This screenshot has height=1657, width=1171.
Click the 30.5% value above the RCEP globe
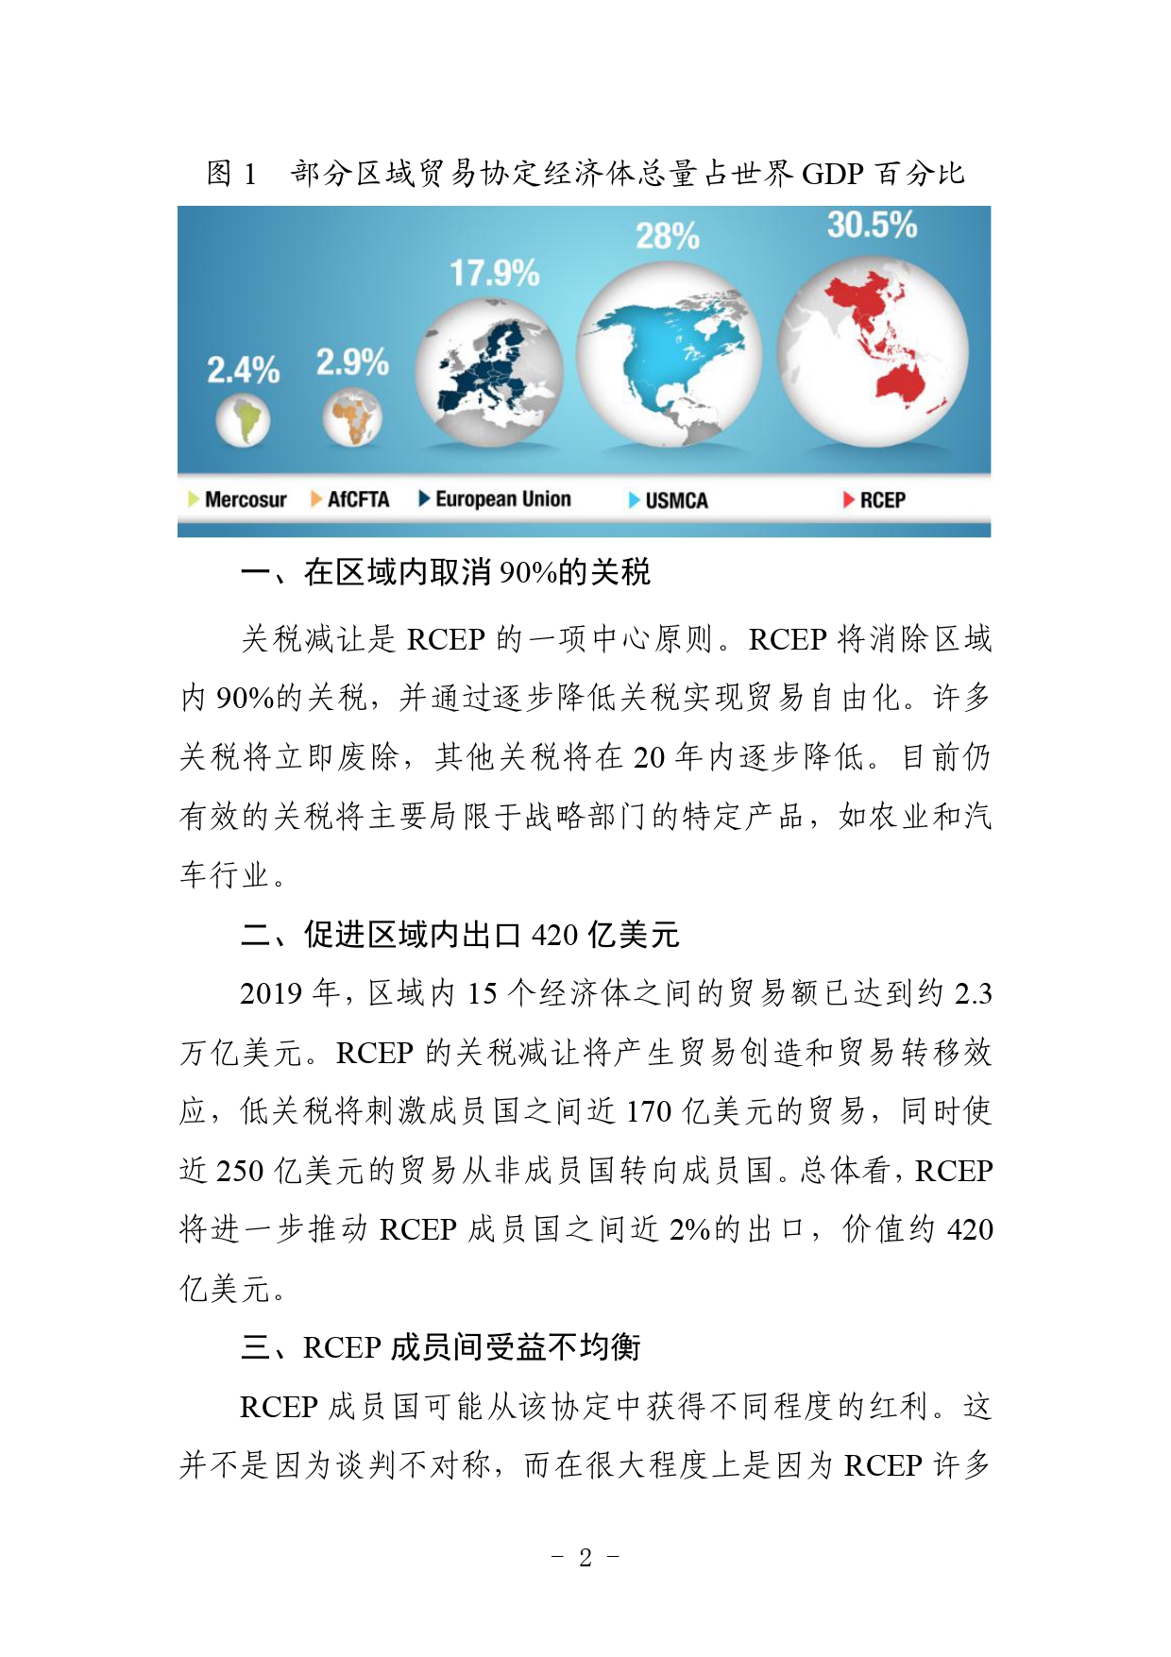coord(872,225)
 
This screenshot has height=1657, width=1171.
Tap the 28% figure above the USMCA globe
coord(667,236)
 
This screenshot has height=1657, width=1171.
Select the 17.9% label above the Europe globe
coord(494,274)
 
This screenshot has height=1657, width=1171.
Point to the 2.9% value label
coord(352,362)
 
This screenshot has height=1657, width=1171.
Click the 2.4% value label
coord(243,370)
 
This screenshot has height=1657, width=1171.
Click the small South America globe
coord(243,421)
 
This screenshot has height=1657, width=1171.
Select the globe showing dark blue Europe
coord(489,372)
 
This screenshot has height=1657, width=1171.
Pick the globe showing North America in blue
coord(669,354)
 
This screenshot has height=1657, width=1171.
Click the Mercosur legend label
coord(246,499)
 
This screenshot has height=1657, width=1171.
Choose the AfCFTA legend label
coord(358,499)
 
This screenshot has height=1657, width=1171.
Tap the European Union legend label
coord(502,499)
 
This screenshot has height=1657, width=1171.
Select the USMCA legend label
coord(676,500)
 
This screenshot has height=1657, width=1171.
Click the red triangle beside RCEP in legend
coord(848,499)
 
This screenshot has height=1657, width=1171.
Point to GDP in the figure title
coord(833,174)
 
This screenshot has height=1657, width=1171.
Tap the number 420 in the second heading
coord(554,935)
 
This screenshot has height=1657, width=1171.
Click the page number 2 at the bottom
coord(585,1557)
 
